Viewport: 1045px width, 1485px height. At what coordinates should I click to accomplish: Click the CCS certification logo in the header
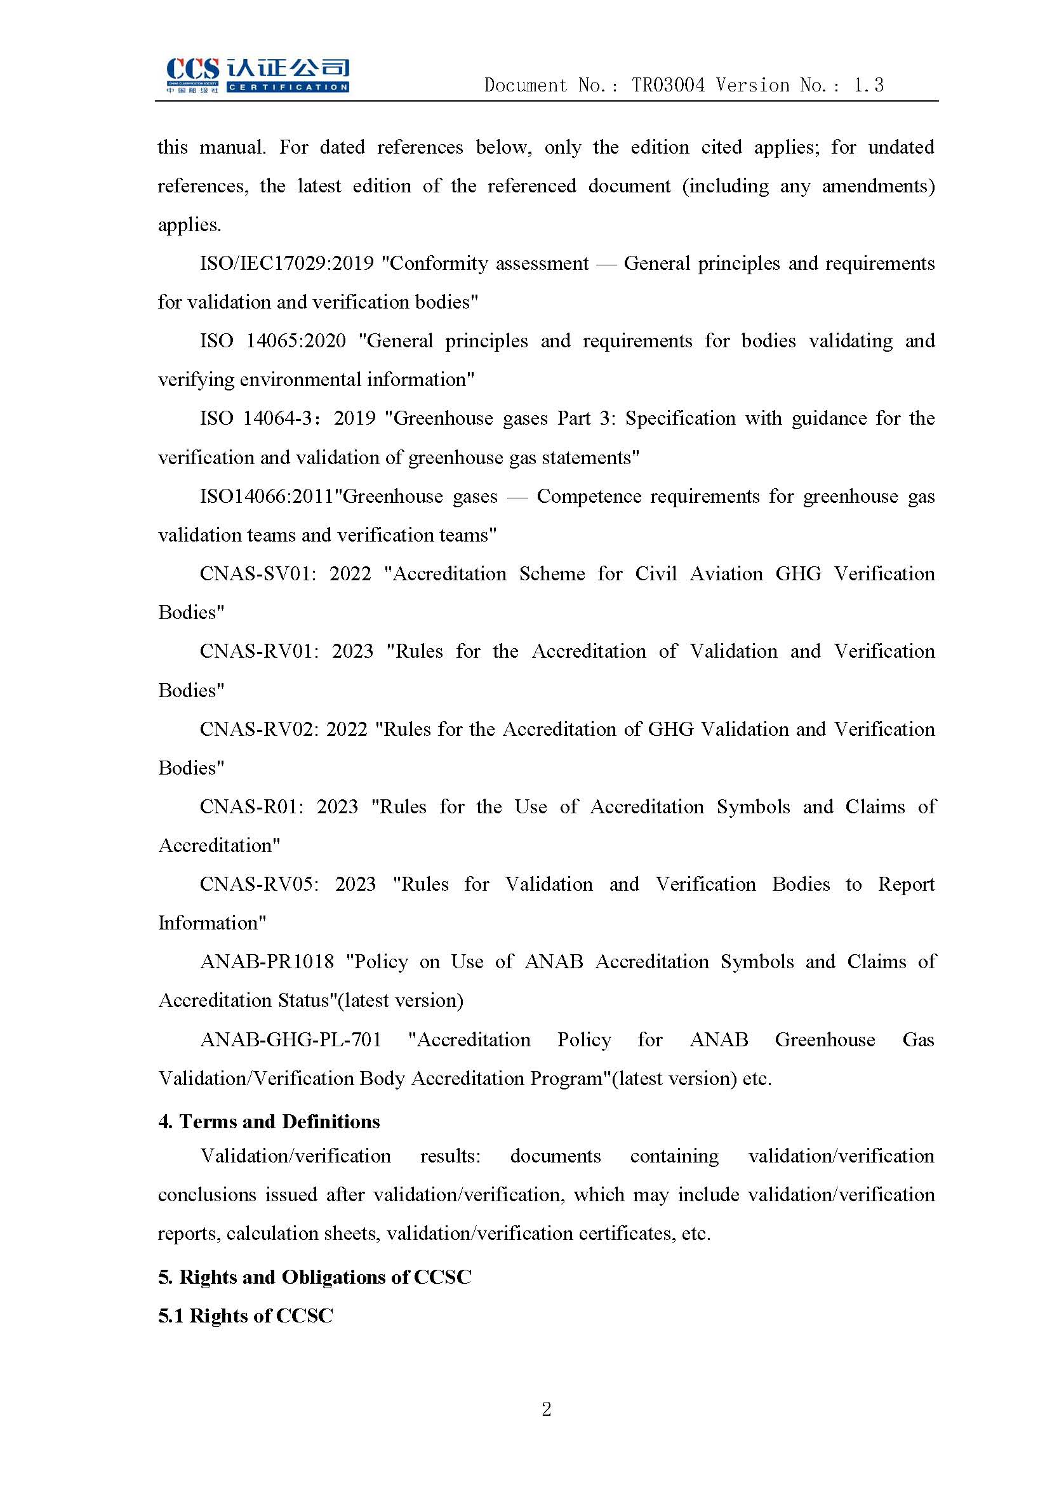(x=257, y=76)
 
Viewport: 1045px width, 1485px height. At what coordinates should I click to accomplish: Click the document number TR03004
(x=668, y=85)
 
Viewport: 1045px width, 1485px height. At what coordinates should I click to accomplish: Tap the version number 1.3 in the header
(x=869, y=85)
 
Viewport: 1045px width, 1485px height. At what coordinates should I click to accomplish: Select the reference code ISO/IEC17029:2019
(x=286, y=264)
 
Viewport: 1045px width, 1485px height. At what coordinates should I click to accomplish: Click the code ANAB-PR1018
(x=267, y=962)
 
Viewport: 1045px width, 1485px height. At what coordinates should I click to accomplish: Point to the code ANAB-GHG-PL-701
(x=290, y=1040)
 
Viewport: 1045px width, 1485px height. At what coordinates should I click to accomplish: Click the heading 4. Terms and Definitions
(x=269, y=1121)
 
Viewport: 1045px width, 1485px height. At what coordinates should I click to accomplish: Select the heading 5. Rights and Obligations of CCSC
(x=314, y=1277)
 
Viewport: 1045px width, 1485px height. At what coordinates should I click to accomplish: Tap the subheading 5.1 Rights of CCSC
(x=245, y=1316)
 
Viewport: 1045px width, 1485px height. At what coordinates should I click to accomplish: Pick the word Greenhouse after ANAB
(x=825, y=1040)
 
